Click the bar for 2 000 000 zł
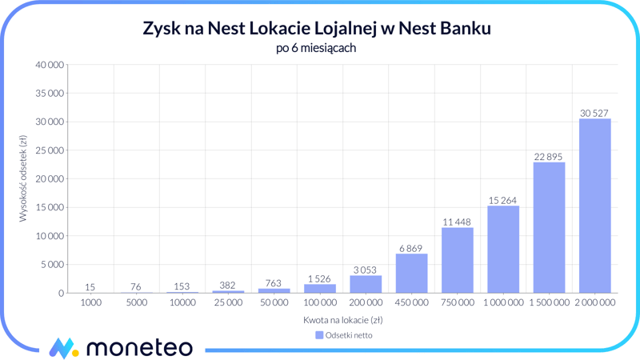click(594, 206)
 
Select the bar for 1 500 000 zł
click(549, 227)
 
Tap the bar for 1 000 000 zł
click(503, 249)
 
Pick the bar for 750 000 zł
click(457, 260)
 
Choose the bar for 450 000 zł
click(411, 273)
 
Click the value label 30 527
click(594, 113)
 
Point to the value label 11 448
click(457, 222)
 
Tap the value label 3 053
click(366, 270)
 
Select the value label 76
click(137, 286)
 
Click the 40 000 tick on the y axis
click(48, 65)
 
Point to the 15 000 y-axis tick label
click(48, 207)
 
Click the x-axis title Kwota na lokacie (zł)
click(342, 320)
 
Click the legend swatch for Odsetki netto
click(319, 335)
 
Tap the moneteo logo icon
click(62, 348)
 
